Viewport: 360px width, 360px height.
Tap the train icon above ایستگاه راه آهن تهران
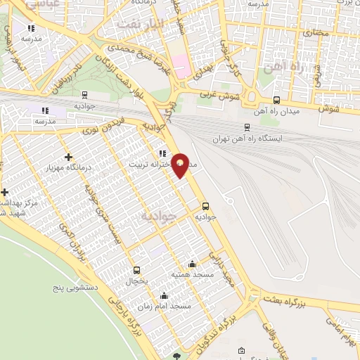click(x=246, y=127)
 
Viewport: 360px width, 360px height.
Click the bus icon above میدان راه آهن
click(x=276, y=100)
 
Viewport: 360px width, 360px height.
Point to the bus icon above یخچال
click(x=136, y=270)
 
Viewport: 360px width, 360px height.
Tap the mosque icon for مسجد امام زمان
click(x=165, y=295)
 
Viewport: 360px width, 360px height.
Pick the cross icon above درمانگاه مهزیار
click(x=68, y=157)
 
